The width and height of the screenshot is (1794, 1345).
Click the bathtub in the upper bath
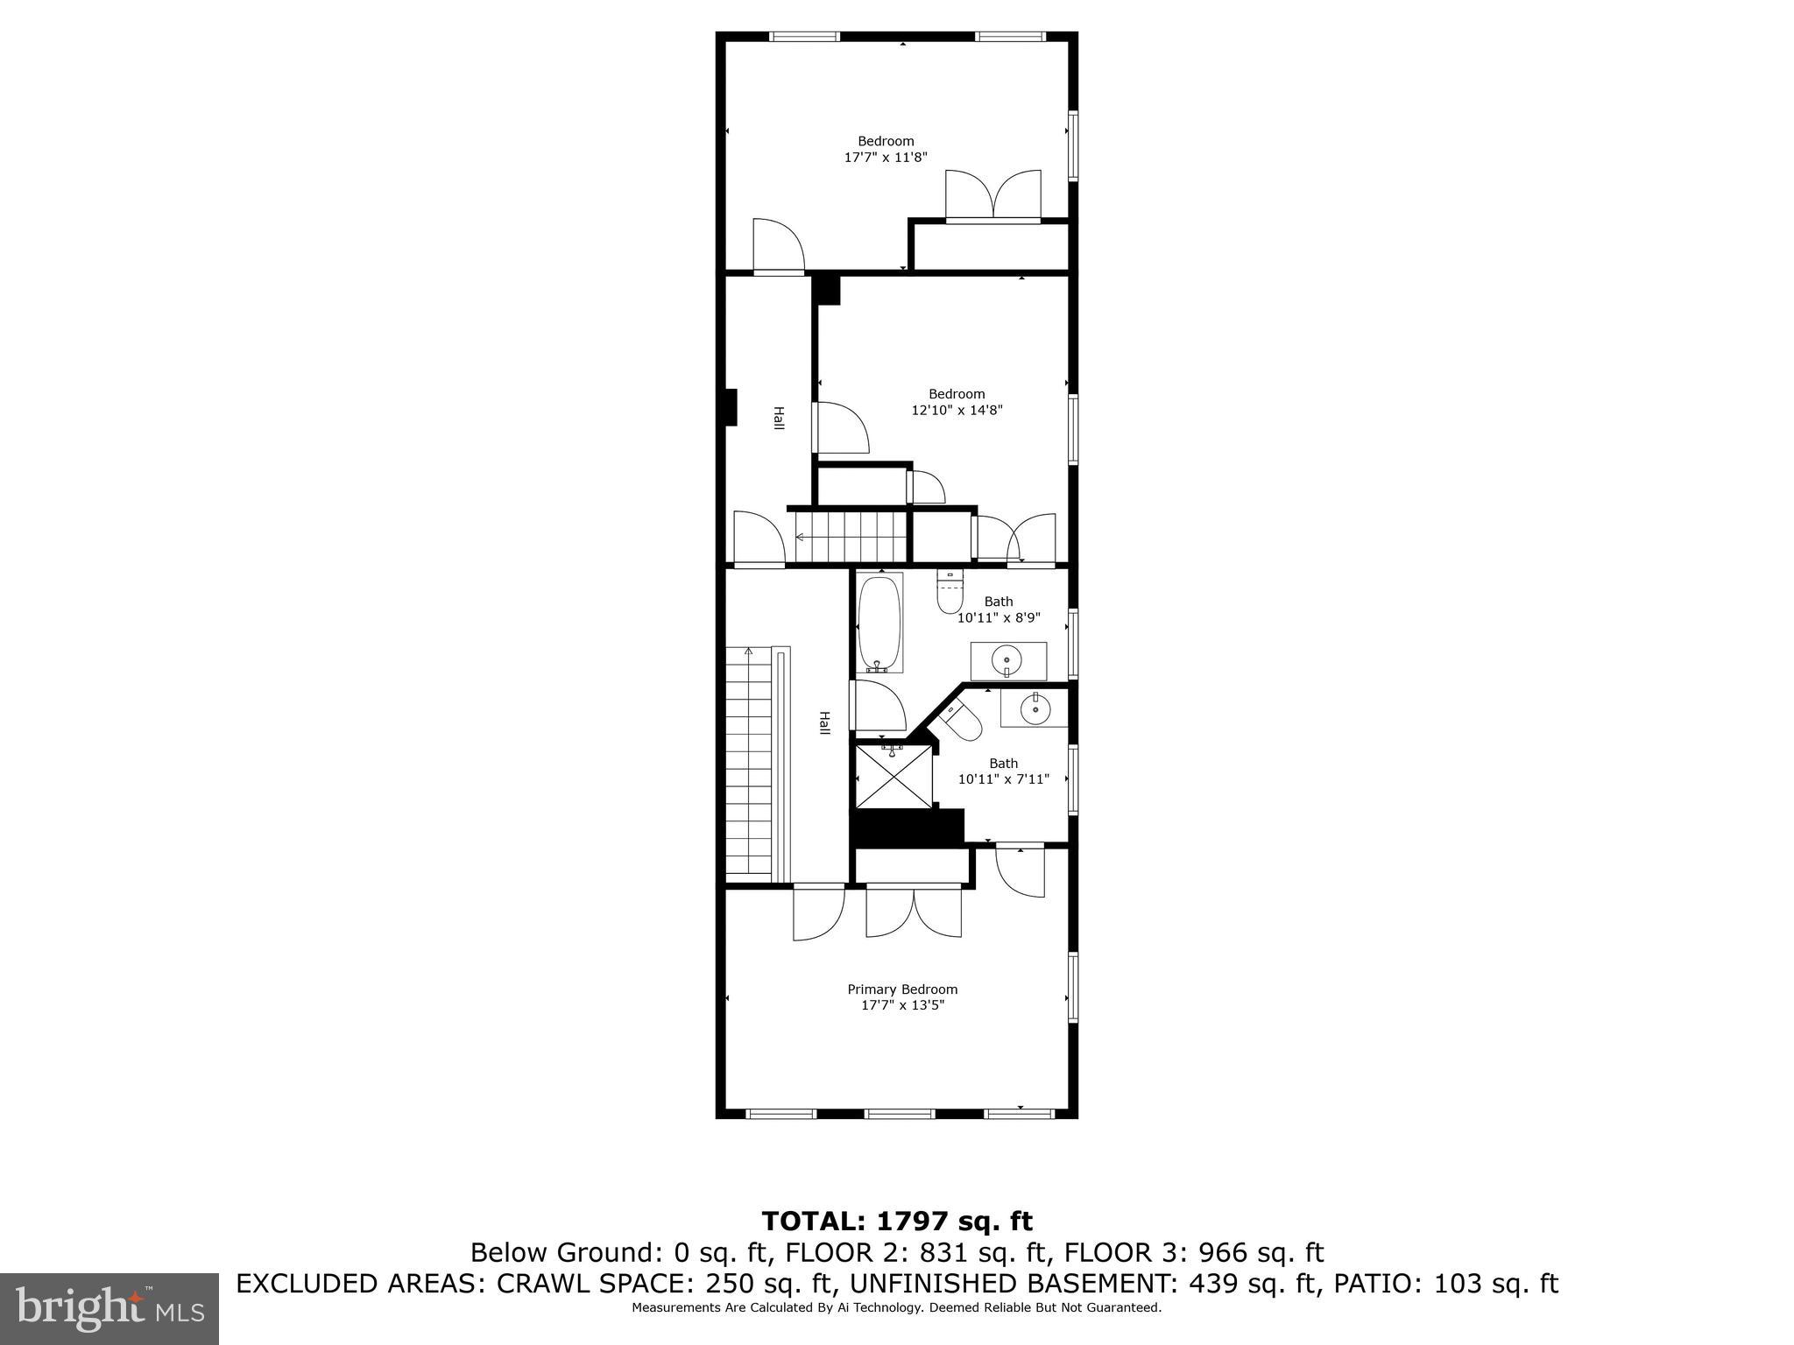click(x=879, y=623)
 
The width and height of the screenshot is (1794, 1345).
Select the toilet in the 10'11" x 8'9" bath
click(x=950, y=593)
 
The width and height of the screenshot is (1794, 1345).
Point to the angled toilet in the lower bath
click(x=962, y=720)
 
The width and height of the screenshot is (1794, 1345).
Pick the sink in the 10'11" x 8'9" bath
click(x=1007, y=660)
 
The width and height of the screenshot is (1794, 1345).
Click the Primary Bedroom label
click(x=902, y=989)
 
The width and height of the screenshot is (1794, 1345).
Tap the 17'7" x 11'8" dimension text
click(x=886, y=158)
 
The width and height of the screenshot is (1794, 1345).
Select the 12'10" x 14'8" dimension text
click(x=957, y=410)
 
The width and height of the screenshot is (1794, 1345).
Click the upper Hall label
click(x=778, y=418)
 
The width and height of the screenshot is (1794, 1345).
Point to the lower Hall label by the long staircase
click(x=823, y=722)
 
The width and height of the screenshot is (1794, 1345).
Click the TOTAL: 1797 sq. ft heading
click(x=897, y=1221)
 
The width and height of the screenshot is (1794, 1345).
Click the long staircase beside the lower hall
click(x=749, y=762)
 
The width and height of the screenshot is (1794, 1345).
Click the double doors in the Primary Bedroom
click(x=913, y=913)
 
